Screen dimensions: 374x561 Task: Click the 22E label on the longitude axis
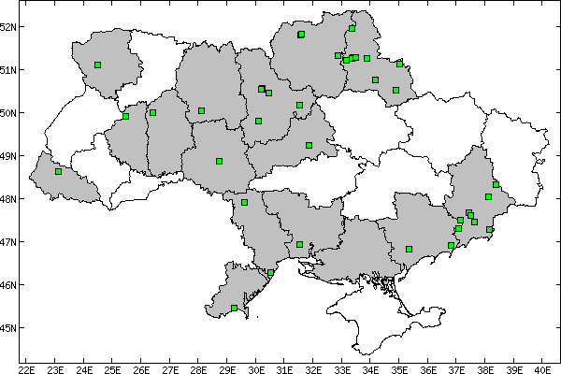coord(26,367)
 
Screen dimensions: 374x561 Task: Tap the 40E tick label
coord(544,367)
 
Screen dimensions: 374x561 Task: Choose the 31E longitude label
coord(285,367)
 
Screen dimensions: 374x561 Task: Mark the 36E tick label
coord(429,367)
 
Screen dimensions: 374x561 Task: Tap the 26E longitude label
coord(141,367)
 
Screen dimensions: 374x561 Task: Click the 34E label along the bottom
coord(371,367)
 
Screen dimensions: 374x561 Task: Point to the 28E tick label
coord(199,367)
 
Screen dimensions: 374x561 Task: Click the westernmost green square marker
coord(58,172)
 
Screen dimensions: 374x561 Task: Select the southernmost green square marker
coord(234,308)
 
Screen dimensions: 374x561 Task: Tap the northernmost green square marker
coord(352,28)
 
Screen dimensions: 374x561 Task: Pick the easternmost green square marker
coord(496,184)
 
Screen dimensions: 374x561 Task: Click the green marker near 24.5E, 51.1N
coord(97,65)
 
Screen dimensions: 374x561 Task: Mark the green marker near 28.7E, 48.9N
coord(219,161)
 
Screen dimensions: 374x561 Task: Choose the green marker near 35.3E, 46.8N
coord(409,249)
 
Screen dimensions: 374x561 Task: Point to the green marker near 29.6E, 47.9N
coord(244,202)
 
